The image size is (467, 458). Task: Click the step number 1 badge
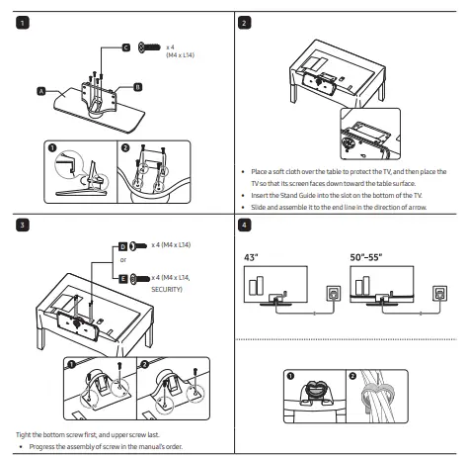[23, 23]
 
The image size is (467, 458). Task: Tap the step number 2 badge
[244, 23]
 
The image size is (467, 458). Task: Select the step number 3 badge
[23, 226]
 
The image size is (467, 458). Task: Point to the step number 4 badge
[244, 226]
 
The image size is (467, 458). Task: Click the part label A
[41, 91]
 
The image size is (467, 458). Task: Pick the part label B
[138, 87]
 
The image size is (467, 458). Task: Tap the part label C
[126, 47]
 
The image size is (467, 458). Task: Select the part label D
[122, 246]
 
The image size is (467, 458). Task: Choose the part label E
[122, 279]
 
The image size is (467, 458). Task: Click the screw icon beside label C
[149, 47]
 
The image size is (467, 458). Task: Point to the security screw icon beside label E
[140, 279]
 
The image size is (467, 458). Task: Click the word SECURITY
[167, 290]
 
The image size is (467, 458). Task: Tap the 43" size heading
[251, 257]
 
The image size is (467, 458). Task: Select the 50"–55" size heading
[366, 257]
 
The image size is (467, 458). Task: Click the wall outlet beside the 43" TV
[334, 293]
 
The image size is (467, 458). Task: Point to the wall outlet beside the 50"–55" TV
[439, 293]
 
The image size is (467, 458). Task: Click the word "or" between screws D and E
[123, 260]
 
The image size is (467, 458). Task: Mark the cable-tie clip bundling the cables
[378, 395]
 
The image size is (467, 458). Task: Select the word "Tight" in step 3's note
[23, 435]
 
